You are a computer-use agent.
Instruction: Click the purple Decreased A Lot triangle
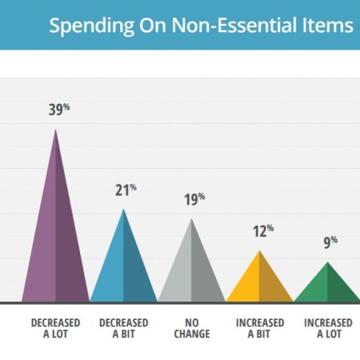tap(55, 240)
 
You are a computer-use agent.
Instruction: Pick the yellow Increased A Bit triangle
tap(259, 282)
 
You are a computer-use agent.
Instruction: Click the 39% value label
tap(59, 110)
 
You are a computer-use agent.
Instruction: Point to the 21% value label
tap(126, 190)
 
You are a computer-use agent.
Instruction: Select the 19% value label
tap(194, 199)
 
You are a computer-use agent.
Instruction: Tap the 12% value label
tap(263, 231)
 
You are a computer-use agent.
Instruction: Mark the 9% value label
tap(330, 242)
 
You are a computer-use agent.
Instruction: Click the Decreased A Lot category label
tap(55, 328)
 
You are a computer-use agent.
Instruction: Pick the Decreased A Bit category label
tap(124, 328)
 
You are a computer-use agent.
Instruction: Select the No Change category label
tap(192, 328)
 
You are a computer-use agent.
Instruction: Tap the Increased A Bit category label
tap(260, 328)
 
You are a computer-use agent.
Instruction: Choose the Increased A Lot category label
tap(328, 328)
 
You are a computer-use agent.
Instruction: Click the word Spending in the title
tap(92, 26)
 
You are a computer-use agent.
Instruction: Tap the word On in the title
tap(153, 25)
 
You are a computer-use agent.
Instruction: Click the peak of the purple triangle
tap(55, 130)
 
